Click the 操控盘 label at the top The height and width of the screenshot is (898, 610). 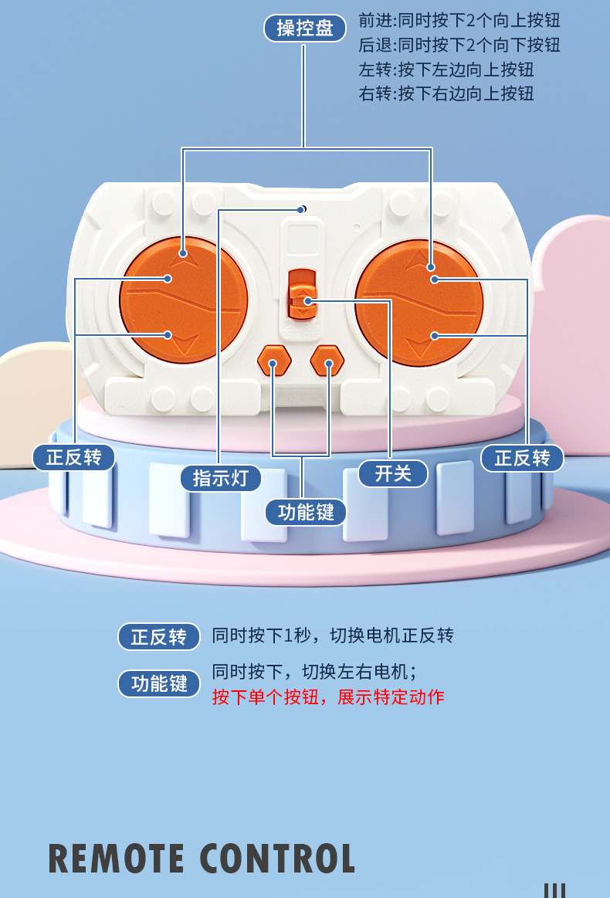point(304,29)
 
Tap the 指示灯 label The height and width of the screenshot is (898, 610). point(221,477)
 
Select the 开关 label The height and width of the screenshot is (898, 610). point(393,473)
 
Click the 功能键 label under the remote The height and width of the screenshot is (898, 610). point(306,512)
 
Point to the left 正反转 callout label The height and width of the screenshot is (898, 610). point(73,457)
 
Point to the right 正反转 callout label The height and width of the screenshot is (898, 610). point(522,458)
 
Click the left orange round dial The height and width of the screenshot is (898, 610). point(183,300)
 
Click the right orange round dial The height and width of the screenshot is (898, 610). point(419,302)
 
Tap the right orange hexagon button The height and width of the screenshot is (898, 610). point(327,360)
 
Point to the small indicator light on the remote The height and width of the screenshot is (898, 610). point(303,209)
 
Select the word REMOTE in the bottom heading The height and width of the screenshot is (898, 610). point(117,859)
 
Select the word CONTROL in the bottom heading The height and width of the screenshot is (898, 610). point(278,859)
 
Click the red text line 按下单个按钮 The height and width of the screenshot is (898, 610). point(328,696)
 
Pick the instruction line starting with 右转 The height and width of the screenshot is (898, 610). point(446,94)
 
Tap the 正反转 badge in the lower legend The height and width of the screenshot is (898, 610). point(159,637)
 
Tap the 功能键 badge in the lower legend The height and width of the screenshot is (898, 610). point(159,683)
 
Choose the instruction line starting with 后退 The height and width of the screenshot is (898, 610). point(459,45)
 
